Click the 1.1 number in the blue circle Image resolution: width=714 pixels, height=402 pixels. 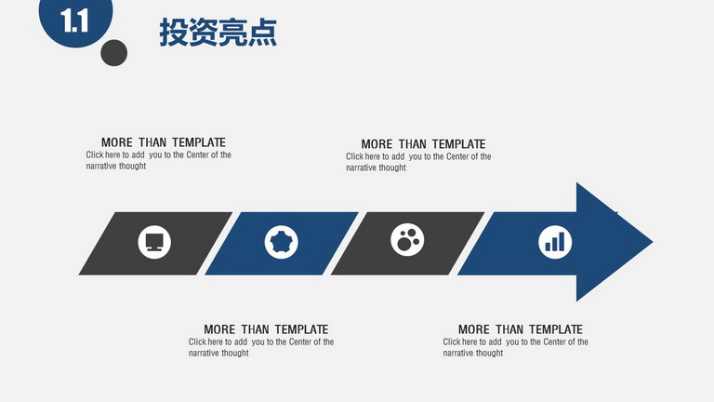point(74,21)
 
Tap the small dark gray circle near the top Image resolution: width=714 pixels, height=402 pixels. point(113,53)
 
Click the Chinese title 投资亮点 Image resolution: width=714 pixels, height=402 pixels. point(218,33)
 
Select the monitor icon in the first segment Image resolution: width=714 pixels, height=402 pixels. point(154,242)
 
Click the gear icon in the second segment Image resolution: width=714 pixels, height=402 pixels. point(282,242)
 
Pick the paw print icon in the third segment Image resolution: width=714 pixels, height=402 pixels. point(407,240)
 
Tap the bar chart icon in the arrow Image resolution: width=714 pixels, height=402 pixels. point(555,242)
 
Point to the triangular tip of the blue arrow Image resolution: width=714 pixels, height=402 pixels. point(653,242)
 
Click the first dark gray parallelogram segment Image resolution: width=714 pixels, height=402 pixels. point(155,244)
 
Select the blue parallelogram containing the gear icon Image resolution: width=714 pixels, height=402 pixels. point(282,244)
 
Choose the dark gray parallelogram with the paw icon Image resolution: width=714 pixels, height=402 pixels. point(407,244)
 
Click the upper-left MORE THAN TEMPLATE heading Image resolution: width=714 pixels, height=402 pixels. point(164,142)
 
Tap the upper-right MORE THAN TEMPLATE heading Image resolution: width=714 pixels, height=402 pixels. point(424,144)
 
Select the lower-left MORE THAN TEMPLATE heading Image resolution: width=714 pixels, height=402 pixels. point(266,329)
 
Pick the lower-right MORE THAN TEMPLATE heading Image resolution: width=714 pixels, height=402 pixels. point(521,329)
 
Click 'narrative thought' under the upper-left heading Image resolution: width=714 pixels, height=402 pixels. point(116,167)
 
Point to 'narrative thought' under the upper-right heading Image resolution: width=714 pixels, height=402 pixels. point(377,167)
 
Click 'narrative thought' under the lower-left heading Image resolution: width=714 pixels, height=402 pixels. point(219,354)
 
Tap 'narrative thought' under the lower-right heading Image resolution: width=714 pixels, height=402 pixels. point(473,354)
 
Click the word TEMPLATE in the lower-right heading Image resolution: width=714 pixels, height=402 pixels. point(556,329)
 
